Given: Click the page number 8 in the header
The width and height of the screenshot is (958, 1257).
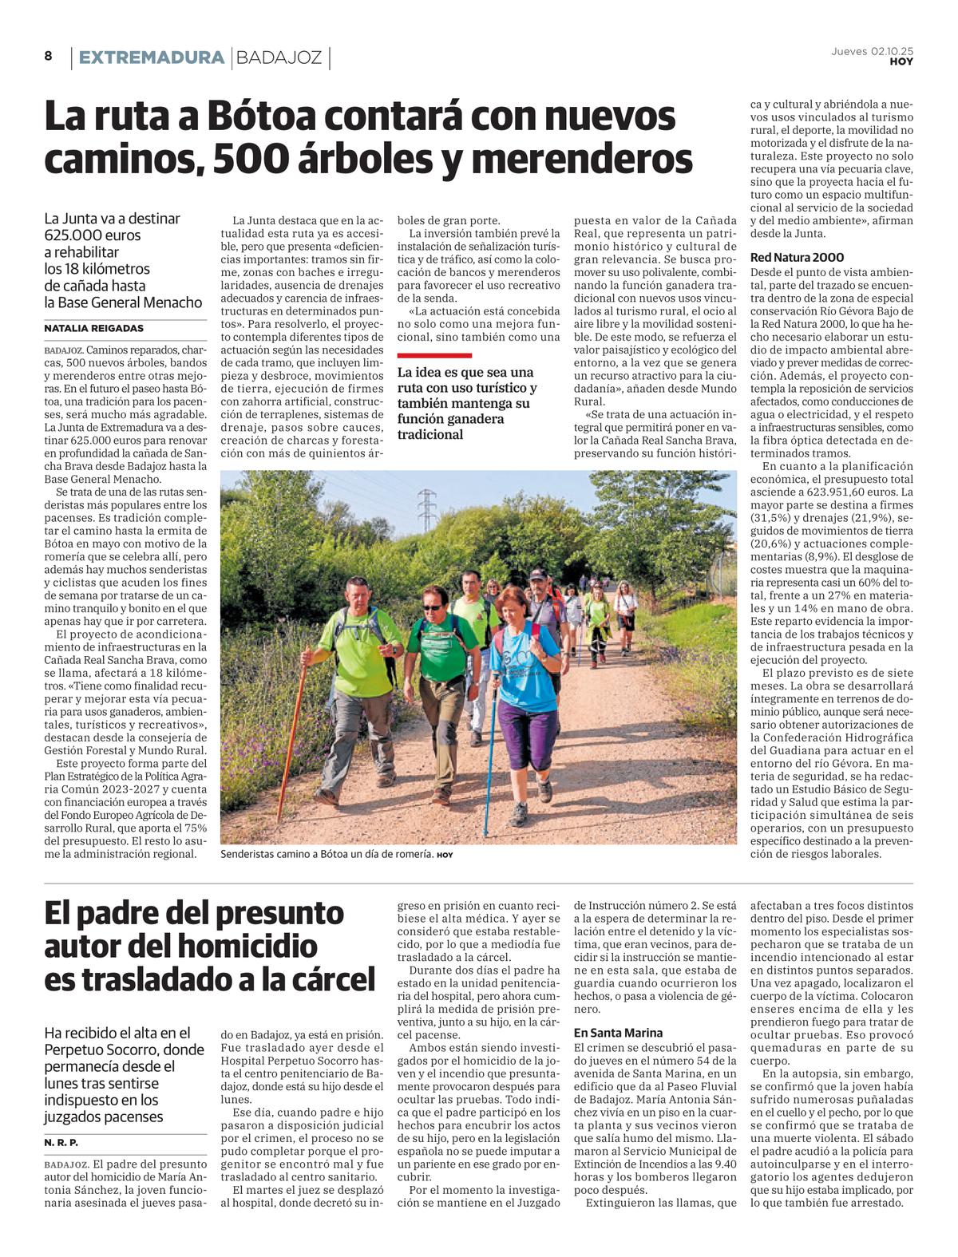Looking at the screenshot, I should (x=48, y=56).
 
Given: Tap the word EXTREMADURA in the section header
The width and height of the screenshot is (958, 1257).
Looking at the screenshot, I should (x=151, y=57).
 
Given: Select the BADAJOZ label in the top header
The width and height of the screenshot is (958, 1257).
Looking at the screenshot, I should (x=279, y=57).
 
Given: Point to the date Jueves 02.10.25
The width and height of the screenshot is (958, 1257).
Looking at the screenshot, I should (x=872, y=51).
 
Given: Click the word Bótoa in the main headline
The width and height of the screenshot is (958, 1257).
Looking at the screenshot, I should (x=256, y=117).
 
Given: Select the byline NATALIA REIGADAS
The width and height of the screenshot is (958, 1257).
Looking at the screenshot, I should (x=94, y=328).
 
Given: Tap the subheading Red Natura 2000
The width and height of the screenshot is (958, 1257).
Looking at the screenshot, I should (x=797, y=258).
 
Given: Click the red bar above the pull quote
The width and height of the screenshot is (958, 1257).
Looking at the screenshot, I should (x=434, y=355).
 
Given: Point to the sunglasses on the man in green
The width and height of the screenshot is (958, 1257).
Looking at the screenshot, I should (x=433, y=608).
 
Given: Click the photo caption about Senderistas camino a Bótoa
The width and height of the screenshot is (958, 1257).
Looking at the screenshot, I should (x=327, y=854).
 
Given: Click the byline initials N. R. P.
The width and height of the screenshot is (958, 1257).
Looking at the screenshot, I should (x=61, y=1142).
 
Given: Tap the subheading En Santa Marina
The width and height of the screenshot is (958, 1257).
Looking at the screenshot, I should (x=617, y=1033).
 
